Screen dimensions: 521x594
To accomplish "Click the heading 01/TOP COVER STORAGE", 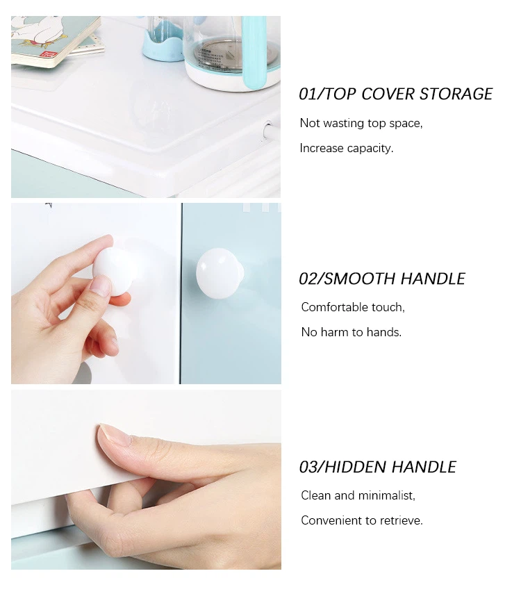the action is (x=395, y=94).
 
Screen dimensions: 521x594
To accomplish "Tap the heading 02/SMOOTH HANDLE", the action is (x=382, y=279).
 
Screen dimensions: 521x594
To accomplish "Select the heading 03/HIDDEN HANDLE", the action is (x=378, y=467).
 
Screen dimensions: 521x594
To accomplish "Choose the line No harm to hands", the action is (x=352, y=332).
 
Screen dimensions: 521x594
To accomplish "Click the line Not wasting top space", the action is (x=361, y=123).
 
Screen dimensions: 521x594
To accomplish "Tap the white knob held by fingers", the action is (x=114, y=269).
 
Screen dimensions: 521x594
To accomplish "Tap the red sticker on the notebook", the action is (x=49, y=55).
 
